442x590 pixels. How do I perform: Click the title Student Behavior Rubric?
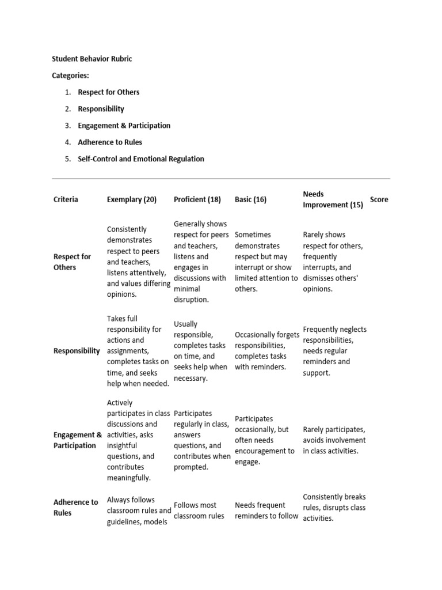(x=92, y=59)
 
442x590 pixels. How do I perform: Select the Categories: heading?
(x=70, y=75)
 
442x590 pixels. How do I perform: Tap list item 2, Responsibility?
(x=101, y=109)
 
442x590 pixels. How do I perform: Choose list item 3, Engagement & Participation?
(x=124, y=126)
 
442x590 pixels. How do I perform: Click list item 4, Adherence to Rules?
(x=109, y=142)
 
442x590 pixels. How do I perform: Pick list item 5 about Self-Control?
(x=140, y=159)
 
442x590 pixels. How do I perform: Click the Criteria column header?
(x=66, y=199)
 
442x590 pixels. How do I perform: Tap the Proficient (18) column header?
(x=197, y=199)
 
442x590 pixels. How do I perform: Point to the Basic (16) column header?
(x=250, y=199)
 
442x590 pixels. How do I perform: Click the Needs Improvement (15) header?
(x=333, y=199)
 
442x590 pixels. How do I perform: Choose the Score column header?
(x=379, y=199)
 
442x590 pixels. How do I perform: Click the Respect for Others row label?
(x=72, y=262)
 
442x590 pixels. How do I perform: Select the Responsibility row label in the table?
(x=77, y=351)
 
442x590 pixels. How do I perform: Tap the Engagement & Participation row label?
(x=78, y=440)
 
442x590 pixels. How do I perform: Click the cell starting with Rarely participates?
(x=334, y=440)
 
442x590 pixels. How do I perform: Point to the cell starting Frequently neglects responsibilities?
(x=334, y=351)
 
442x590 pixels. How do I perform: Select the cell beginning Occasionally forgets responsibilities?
(x=266, y=351)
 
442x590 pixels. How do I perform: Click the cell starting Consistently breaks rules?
(x=334, y=507)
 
